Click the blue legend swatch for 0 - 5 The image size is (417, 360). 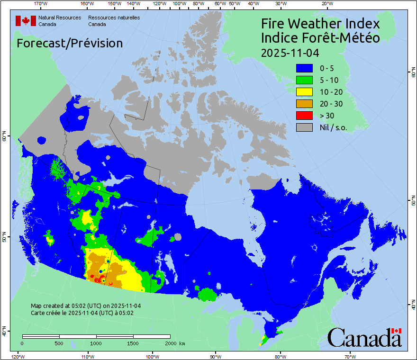(304, 69)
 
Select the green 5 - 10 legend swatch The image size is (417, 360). (304, 81)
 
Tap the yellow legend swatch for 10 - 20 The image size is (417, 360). (304, 92)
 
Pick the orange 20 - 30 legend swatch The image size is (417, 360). (304, 104)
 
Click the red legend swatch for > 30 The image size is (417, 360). (304, 115)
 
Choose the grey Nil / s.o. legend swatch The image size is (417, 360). (304, 127)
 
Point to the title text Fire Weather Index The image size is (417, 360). (320, 24)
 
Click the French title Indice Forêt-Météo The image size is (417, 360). (320, 38)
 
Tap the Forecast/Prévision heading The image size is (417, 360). (70, 43)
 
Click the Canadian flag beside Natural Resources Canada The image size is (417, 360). (26, 21)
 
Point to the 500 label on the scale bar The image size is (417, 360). (59, 343)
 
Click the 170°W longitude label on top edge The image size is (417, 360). (41, 4)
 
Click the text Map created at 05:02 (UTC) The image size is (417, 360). (86, 306)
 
